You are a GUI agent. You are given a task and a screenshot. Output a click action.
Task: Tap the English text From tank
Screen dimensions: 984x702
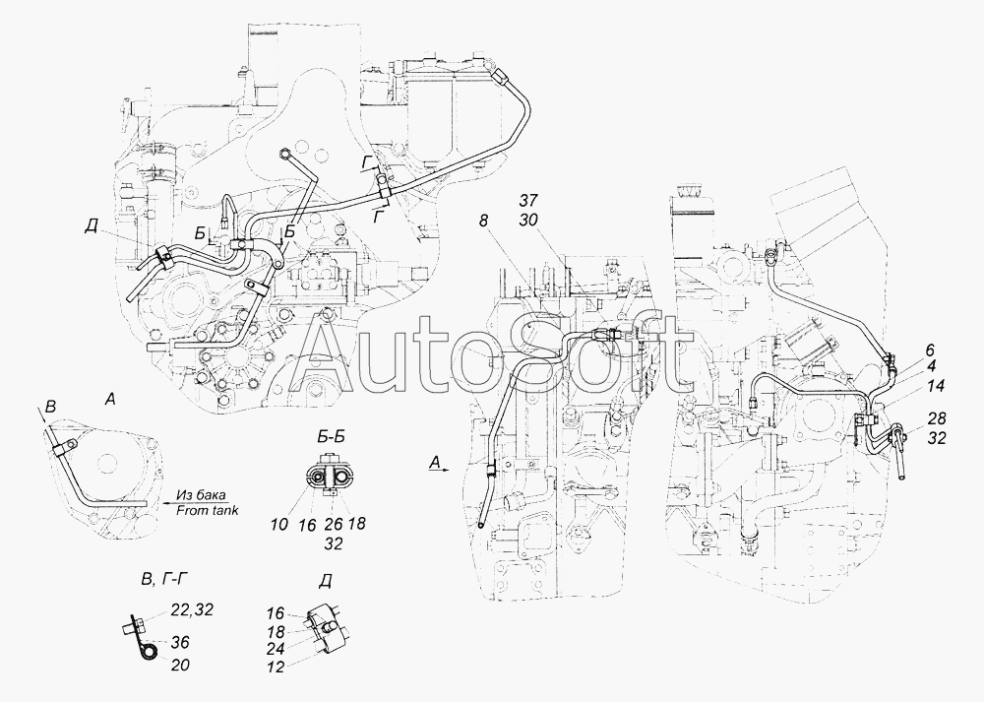(209, 510)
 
